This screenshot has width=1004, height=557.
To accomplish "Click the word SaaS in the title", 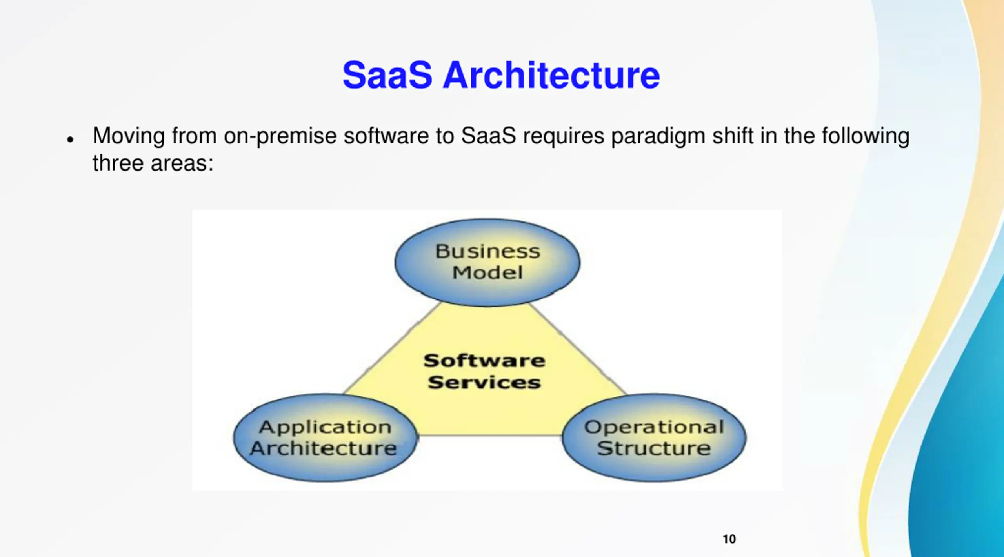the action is click(x=387, y=75).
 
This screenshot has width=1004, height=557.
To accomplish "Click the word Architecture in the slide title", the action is click(x=551, y=75).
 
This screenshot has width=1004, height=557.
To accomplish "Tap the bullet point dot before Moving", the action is click(x=70, y=140).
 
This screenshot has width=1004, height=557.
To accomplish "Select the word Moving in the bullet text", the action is click(x=129, y=136).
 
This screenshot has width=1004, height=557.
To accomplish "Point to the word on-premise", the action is click(x=280, y=136).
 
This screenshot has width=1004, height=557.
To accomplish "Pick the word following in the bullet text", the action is click(x=865, y=136).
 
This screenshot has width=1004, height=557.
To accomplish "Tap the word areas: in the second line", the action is click(x=182, y=163).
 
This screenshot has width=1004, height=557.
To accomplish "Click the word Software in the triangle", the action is click(x=484, y=361).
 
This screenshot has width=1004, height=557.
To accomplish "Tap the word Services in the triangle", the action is click(x=484, y=382).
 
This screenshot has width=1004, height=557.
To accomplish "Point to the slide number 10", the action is click(x=729, y=539).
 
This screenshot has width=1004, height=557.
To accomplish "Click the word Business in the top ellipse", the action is click(x=487, y=251).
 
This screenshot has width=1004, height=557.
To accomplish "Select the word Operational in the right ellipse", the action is click(x=654, y=427).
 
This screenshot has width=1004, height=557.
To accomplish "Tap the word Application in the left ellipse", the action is click(x=325, y=427).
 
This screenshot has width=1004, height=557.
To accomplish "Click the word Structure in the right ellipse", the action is click(x=654, y=448).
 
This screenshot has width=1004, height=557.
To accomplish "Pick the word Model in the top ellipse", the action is click(x=487, y=272).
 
